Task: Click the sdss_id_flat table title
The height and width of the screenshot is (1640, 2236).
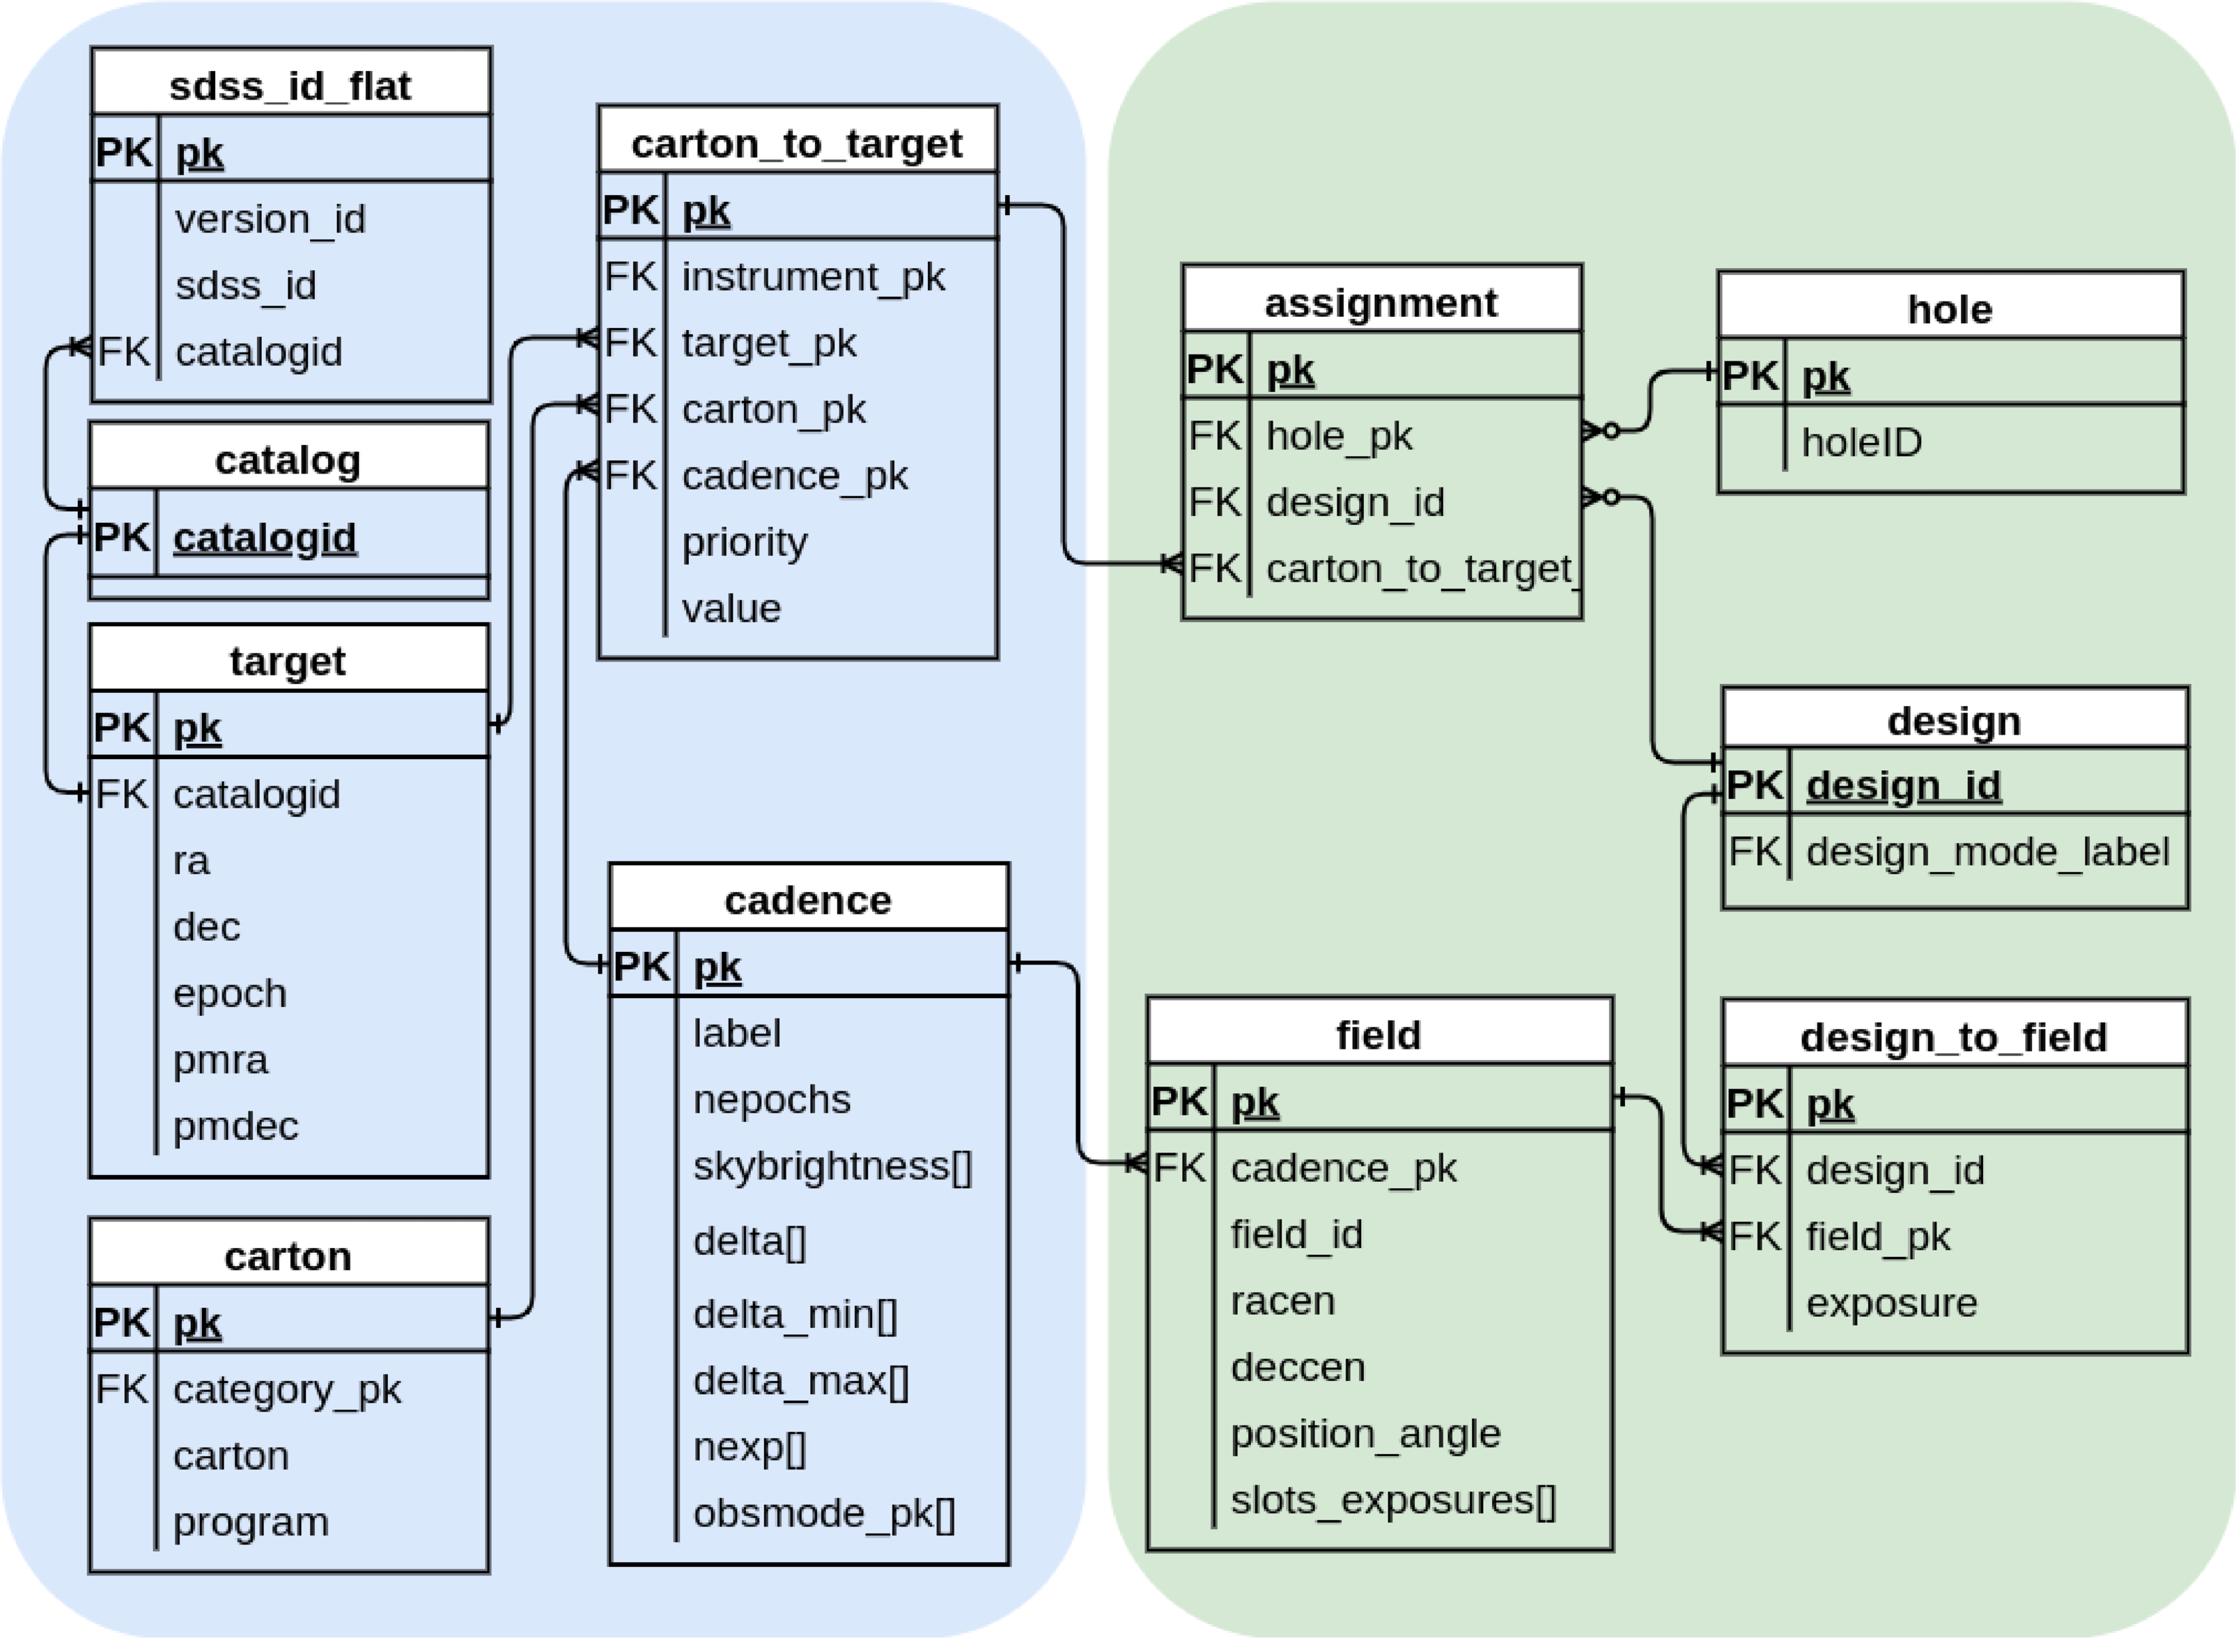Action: tap(290, 86)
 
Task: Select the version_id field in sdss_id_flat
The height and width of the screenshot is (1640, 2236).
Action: tap(270, 219)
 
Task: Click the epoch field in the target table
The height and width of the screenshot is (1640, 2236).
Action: tap(229, 993)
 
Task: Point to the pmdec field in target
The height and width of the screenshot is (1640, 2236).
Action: tap(235, 1126)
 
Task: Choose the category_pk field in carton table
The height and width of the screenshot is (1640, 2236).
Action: tap(287, 1389)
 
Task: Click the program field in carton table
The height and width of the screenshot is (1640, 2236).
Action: tap(250, 1522)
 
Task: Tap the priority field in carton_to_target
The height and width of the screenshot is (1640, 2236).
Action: tap(745, 542)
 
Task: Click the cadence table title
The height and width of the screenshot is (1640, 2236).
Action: tap(808, 900)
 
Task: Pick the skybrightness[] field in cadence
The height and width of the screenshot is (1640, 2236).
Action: tap(832, 1166)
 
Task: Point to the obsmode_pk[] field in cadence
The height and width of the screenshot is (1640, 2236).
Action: tap(824, 1513)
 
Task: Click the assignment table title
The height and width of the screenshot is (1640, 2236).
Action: tap(1381, 303)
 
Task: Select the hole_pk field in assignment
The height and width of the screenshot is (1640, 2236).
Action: tap(1340, 436)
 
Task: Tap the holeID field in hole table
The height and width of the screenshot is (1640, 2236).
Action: tap(1862, 443)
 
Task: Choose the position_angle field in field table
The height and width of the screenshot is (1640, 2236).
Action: tap(1365, 1433)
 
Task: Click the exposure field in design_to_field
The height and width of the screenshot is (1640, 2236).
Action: tap(1891, 1302)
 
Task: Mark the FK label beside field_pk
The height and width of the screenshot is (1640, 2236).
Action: tap(1755, 1237)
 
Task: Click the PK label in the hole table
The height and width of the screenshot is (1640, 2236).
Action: tap(1750, 376)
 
